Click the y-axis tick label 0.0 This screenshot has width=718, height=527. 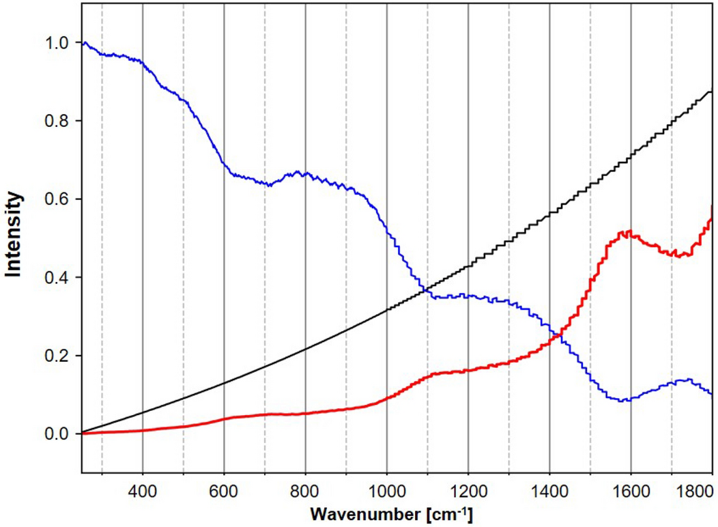pyautogui.click(x=58, y=434)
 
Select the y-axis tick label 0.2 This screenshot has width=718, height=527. pyautogui.click(x=58, y=356)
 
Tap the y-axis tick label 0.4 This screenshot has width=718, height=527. pyautogui.click(x=58, y=278)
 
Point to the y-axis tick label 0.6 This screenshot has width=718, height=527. pyautogui.click(x=58, y=199)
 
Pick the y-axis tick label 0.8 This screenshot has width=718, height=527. pyautogui.click(x=58, y=121)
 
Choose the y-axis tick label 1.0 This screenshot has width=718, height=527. pyautogui.click(x=58, y=43)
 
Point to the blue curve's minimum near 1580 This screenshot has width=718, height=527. pyautogui.click(x=622, y=401)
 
